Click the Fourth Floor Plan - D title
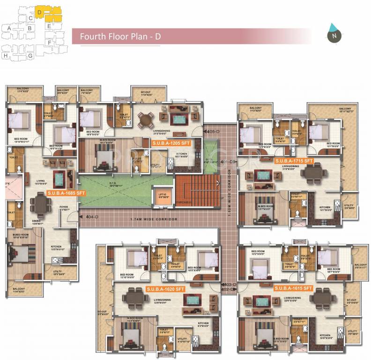[x=120, y=37]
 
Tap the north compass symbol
[x=334, y=34]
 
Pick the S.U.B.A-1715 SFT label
[x=295, y=161]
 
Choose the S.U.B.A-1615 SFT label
[x=293, y=288]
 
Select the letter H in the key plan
[x=6, y=55]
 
